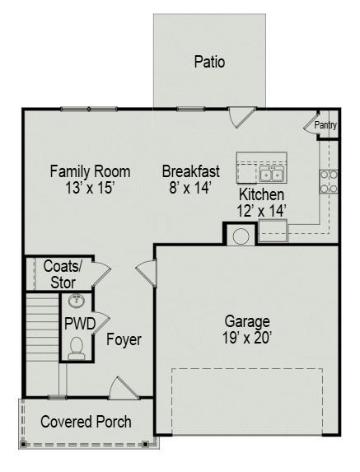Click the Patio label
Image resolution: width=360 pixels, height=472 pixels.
pyautogui.click(x=209, y=62)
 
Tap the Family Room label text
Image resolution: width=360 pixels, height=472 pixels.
pyautogui.click(x=90, y=171)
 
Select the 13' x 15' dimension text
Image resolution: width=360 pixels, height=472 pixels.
pyautogui.click(x=90, y=188)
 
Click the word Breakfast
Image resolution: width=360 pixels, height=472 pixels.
pyautogui.click(x=190, y=171)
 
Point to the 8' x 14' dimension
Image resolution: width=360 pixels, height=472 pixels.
pyautogui.click(x=190, y=188)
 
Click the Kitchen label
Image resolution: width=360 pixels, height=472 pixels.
pyautogui.click(x=261, y=194)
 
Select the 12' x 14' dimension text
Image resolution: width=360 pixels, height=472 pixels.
pyautogui.click(x=261, y=211)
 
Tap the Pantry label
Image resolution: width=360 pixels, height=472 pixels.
pyautogui.click(x=325, y=125)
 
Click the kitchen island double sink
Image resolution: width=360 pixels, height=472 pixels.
pyautogui.click(x=271, y=175)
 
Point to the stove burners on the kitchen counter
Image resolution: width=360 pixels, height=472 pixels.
pyautogui.click(x=329, y=181)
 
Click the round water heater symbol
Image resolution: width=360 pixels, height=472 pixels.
pyautogui.click(x=241, y=236)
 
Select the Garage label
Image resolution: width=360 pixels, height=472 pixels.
pyautogui.click(x=247, y=320)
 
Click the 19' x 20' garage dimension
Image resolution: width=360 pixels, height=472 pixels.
pyautogui.click(x=247, y=337)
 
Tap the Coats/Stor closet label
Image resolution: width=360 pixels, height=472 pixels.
pyautogui.click(x=63, y=274)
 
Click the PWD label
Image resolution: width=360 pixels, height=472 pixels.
pyautogui.click(x=80, y=323)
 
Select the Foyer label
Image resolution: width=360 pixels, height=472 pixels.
pyautogui.click(x=124, y=339)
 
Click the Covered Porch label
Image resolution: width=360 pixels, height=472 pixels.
pyautogui.click(x=86, y=422)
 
